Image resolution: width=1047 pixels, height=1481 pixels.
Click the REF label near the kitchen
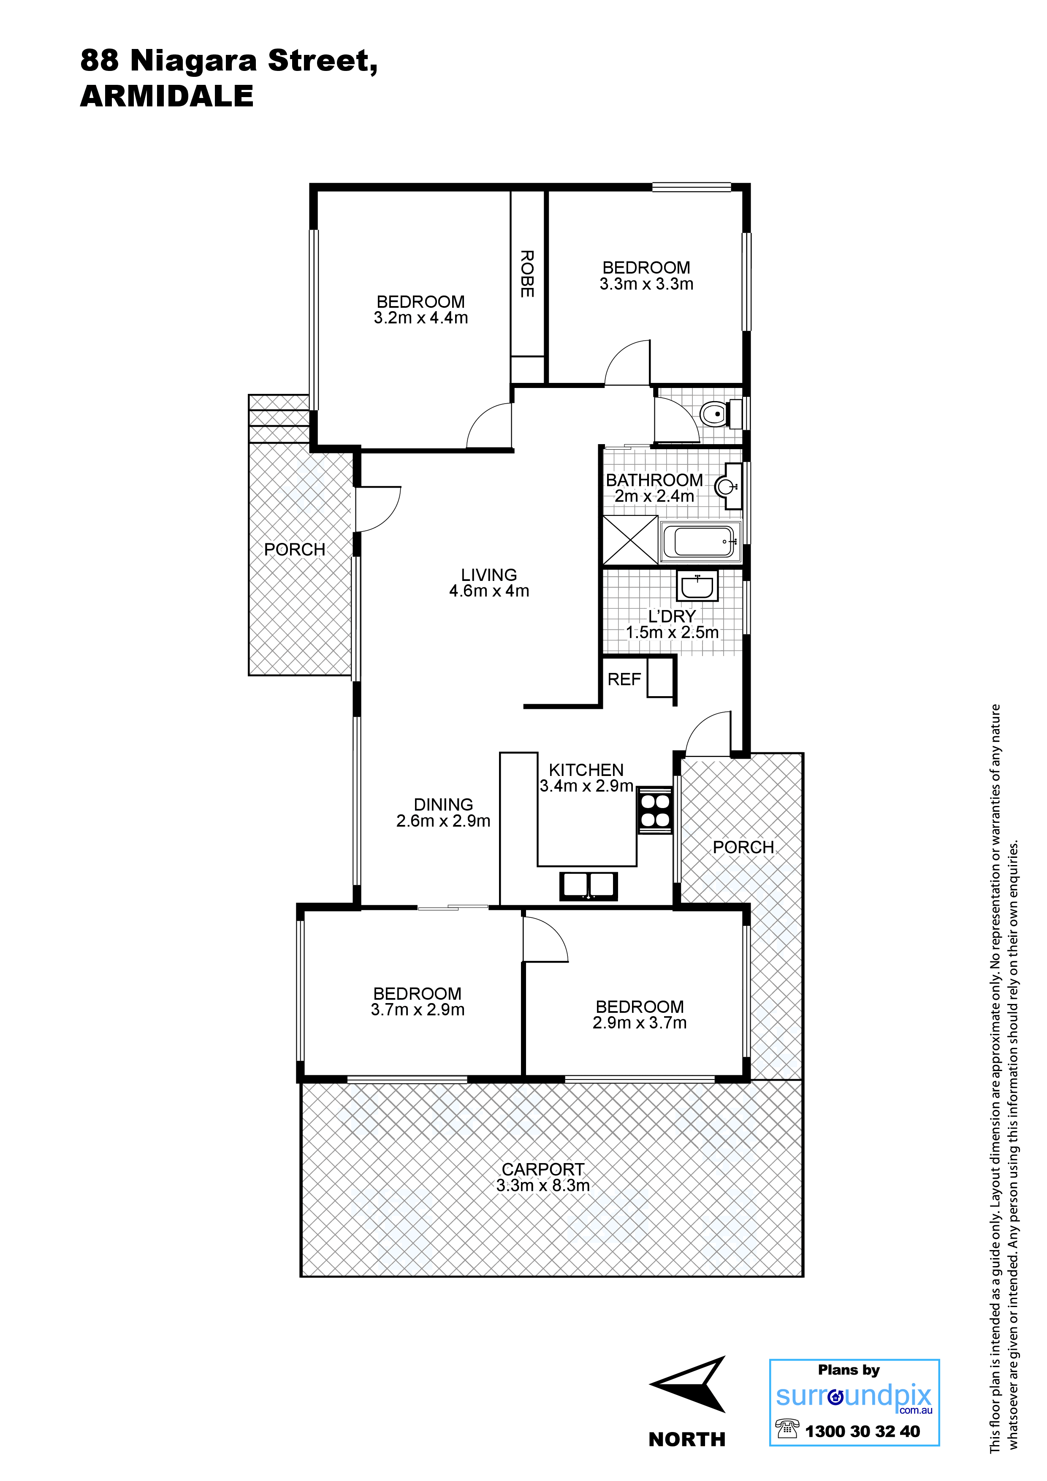point(624,679)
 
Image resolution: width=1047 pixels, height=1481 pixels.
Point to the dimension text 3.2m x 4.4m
point(420,318)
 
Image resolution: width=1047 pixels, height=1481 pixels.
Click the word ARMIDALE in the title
point(167,96)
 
